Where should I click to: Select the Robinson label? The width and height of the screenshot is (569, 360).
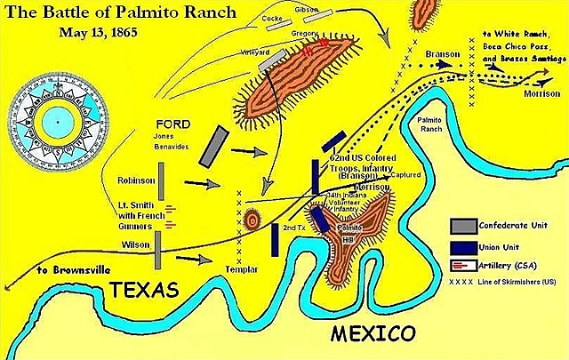click(136, 180)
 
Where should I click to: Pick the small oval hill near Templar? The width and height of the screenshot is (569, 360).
click(252, 220)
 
